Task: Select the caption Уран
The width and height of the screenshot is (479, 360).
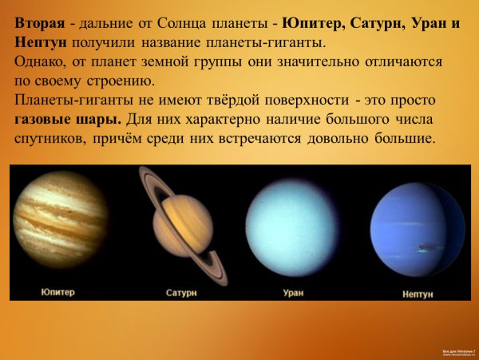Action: (x=293, y=293)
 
